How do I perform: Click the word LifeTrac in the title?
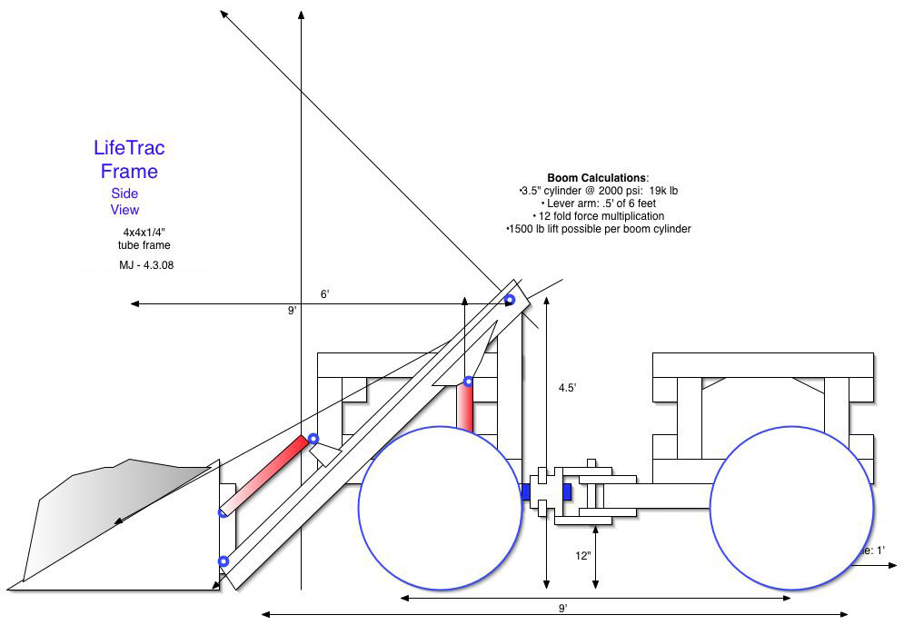pos(129,147)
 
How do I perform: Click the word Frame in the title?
pos(129,171)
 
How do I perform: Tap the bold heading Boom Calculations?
pos(597,177)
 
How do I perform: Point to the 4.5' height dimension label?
pos(568,387)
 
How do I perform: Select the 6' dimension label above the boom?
pos(323,294)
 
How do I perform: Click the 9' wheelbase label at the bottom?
pos(562,608)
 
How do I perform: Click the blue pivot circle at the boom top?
pos(510,300)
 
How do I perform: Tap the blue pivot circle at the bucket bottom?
pos(224,561)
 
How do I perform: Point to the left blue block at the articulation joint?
pos(525,491)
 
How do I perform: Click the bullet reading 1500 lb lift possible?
pos(600,229)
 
